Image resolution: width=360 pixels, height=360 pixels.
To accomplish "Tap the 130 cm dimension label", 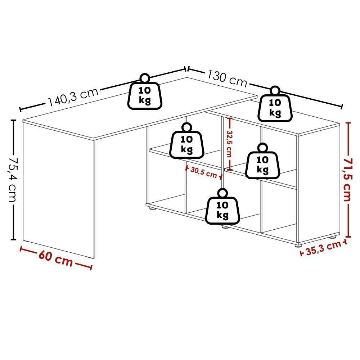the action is pyautogui.click(x=227, y=78).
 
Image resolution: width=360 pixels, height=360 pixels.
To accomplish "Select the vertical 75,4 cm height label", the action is pyautogui.click(x=13, y=180).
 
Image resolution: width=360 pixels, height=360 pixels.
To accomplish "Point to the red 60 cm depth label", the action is pyautogui.click(x=55, y=258).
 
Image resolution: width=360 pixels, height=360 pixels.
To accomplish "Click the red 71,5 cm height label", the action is pyautogui.click(x=347, y=180).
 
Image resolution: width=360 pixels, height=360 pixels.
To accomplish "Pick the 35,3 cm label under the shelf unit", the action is pyautogui.click(x=324, y=248).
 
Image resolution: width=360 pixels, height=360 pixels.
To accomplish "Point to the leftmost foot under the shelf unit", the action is pyautogui.click(x=152, y=208).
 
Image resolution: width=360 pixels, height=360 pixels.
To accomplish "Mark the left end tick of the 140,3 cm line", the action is pyautogui.click(x=21, y=109).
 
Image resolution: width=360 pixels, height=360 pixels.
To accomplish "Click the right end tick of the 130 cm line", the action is pyautogui.click(x=342, y=107).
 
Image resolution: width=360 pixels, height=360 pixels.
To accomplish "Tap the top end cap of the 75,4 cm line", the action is pyautogui.click(x=14, y=120).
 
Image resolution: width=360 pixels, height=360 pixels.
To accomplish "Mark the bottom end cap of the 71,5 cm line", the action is pyautogui.click(x=348, y=237).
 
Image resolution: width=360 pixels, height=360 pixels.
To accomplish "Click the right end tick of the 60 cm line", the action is pyautogui.click(x=91, y=267).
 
